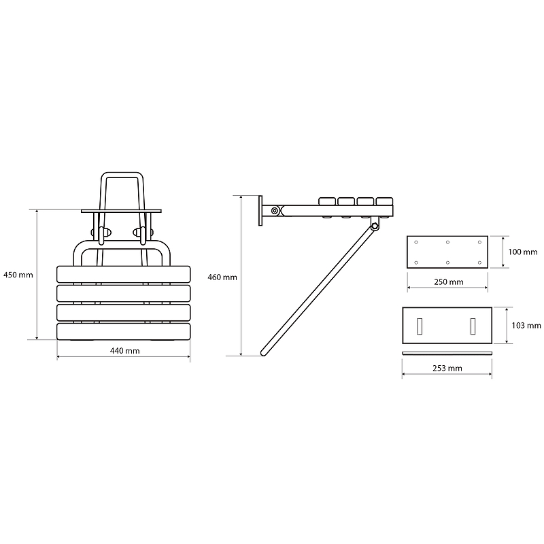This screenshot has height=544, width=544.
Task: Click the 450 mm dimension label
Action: [18, 275]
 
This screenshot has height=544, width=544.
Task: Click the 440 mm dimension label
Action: [125, 351]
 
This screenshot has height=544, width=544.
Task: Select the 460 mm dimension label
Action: [222, 277]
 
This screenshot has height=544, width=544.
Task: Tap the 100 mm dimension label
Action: [523, 252]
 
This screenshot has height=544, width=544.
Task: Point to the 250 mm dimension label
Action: [449, 282]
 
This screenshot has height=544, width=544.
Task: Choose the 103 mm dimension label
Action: [526, 326]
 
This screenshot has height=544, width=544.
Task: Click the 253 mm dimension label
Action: [447, 368]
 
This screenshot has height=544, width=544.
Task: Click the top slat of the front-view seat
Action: [124, 274]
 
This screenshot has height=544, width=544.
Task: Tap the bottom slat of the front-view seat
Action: [124, 331]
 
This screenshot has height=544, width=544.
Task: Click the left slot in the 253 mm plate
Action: [420, 326]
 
